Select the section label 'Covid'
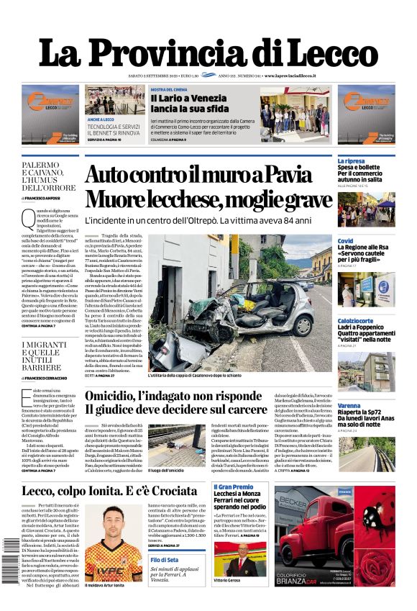pyautogui.click(x=346, y=241)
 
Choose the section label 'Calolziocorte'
pyautogui.click(x=356, y=321)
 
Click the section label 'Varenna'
pyautogui.click(x=349, y=406)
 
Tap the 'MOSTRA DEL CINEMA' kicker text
pyautogui.click(x=169, y=89)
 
